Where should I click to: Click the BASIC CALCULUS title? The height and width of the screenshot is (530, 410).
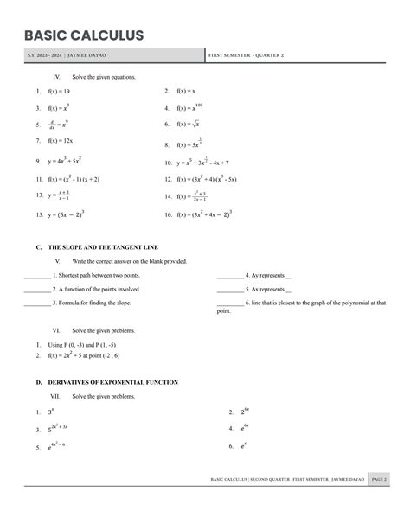click(x=84, y=35)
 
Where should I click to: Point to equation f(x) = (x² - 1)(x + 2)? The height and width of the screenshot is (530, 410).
click(x=74, y=179)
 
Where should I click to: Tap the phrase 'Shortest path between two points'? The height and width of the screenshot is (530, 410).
click(x=96, y=275)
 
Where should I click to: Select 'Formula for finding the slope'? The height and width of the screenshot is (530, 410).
click(x=93, y=303)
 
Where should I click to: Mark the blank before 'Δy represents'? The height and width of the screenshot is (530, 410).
click(x=229, y=275)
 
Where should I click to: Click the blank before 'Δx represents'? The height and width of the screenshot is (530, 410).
click(x=229, y=290)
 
